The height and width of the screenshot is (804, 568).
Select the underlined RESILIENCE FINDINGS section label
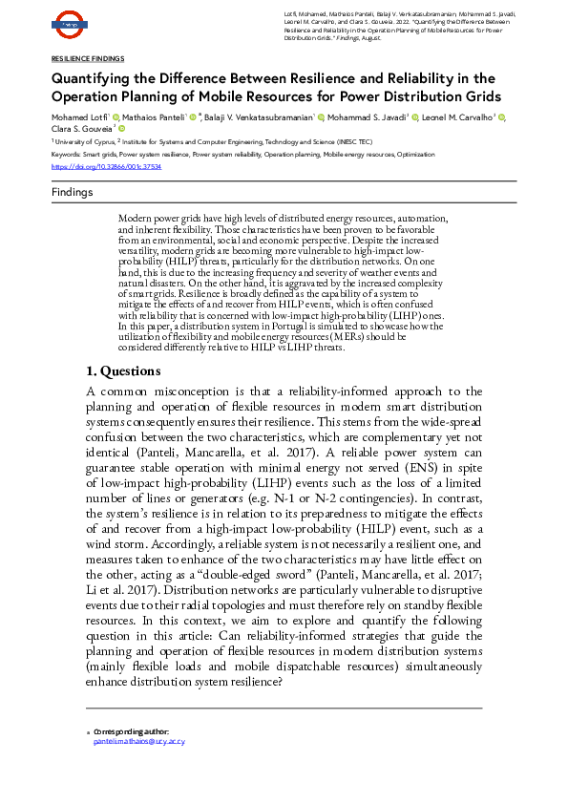coord(87,59)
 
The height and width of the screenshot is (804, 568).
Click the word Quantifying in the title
coord(95,78)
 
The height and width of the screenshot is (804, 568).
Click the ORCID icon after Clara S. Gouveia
coord(121,128)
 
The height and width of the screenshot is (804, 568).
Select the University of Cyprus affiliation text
coord(83,139)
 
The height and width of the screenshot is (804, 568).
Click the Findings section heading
coord(73,193)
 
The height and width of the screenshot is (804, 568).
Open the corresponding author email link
coord(139,741)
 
